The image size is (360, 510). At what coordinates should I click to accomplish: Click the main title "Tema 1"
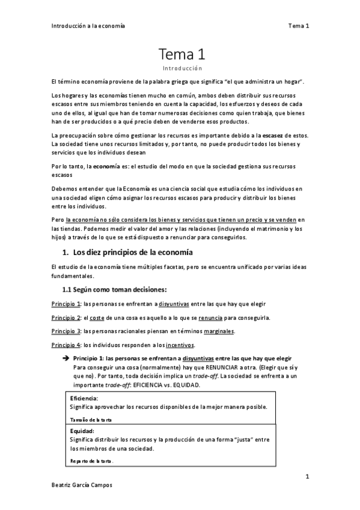(183, 55)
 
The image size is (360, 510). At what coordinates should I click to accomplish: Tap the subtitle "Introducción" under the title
(183, 69)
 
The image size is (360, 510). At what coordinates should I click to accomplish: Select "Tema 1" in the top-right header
(298, 26)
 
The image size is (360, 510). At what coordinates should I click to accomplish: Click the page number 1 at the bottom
(307, 477)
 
